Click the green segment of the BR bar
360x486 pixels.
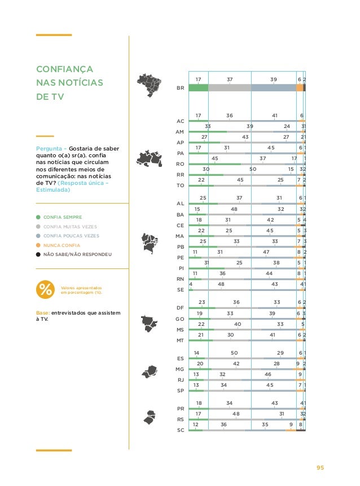coord(198,87)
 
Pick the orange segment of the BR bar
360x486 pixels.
coord(300,87)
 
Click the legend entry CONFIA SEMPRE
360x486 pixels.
coord(63,217)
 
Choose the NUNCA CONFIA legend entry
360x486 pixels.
coord(62,245)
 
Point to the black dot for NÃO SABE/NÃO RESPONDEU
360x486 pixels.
coord(38,255)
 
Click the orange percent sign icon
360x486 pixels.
coord(45,290)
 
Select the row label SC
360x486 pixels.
coord(181,430)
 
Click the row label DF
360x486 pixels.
coord(181,308)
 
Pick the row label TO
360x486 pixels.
coord(181,185)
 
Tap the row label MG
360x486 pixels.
coord(181,369)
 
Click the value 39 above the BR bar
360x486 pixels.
coord(274,79)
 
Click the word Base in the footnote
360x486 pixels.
coord(42,313)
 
